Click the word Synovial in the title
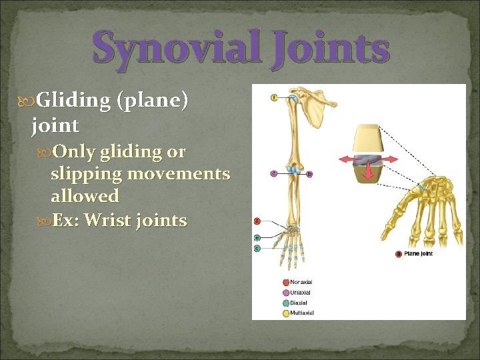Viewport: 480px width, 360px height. [175, 49]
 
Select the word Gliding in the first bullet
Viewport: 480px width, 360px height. [73, 101]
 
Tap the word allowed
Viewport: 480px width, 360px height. [85, 196]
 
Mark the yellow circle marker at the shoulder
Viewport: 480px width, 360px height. [274, 98]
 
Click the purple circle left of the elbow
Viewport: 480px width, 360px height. [273, 174]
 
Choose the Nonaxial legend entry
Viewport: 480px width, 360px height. [300, 282]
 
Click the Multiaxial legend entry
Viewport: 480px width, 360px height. [301, 313]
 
